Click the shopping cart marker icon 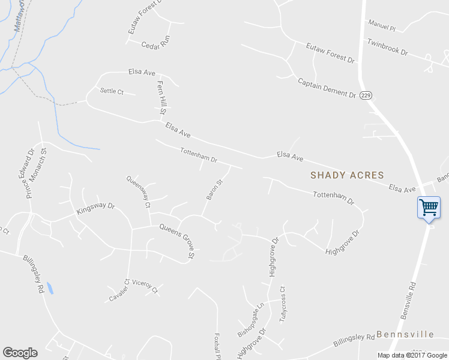point(429,208)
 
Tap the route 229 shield point(367,95)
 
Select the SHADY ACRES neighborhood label point(347,175)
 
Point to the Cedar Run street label point(156,44)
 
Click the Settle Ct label point(112,91)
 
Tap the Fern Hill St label point(161,98)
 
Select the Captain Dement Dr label point(327,87)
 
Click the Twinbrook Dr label point(387,47)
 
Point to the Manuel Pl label point(382,28)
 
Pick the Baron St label point(214,189)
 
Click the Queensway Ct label point(138,191)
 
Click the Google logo point(20,353)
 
